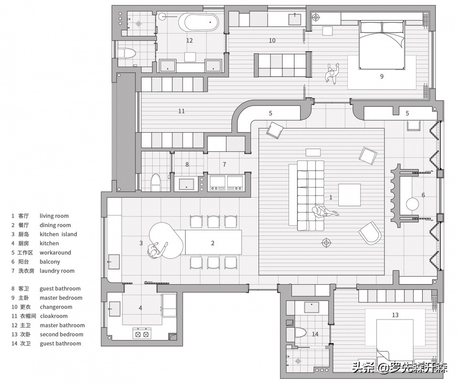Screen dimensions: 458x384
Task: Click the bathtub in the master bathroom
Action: point(198,22)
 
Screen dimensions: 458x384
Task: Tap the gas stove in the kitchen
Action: point(141,333)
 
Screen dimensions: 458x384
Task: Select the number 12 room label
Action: point(189,41)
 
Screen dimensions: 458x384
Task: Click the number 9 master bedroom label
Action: point(382,76)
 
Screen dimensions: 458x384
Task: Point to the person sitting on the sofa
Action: point(324,211)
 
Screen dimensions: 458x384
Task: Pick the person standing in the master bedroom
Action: point(333,74)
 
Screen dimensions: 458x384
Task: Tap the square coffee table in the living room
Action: point(349,195)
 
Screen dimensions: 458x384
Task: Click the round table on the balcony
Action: point(412,204)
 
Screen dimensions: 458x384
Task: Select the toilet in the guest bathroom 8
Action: point(156,182)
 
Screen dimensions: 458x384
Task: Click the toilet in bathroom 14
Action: point(300,334)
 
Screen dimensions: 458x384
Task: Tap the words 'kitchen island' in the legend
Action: point(58,234)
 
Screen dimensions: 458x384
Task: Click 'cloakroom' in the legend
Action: point(54,316)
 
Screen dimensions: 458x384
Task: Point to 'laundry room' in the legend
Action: point(57,271)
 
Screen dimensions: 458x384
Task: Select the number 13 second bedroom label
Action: point(395,315)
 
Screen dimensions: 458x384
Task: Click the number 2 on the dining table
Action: point(213,243)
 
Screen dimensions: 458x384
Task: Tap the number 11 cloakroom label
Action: point(181,111)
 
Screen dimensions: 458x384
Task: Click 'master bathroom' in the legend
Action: point(62,325)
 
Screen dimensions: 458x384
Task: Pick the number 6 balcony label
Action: point(423,195)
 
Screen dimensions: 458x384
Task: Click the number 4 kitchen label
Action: point(140,308)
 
